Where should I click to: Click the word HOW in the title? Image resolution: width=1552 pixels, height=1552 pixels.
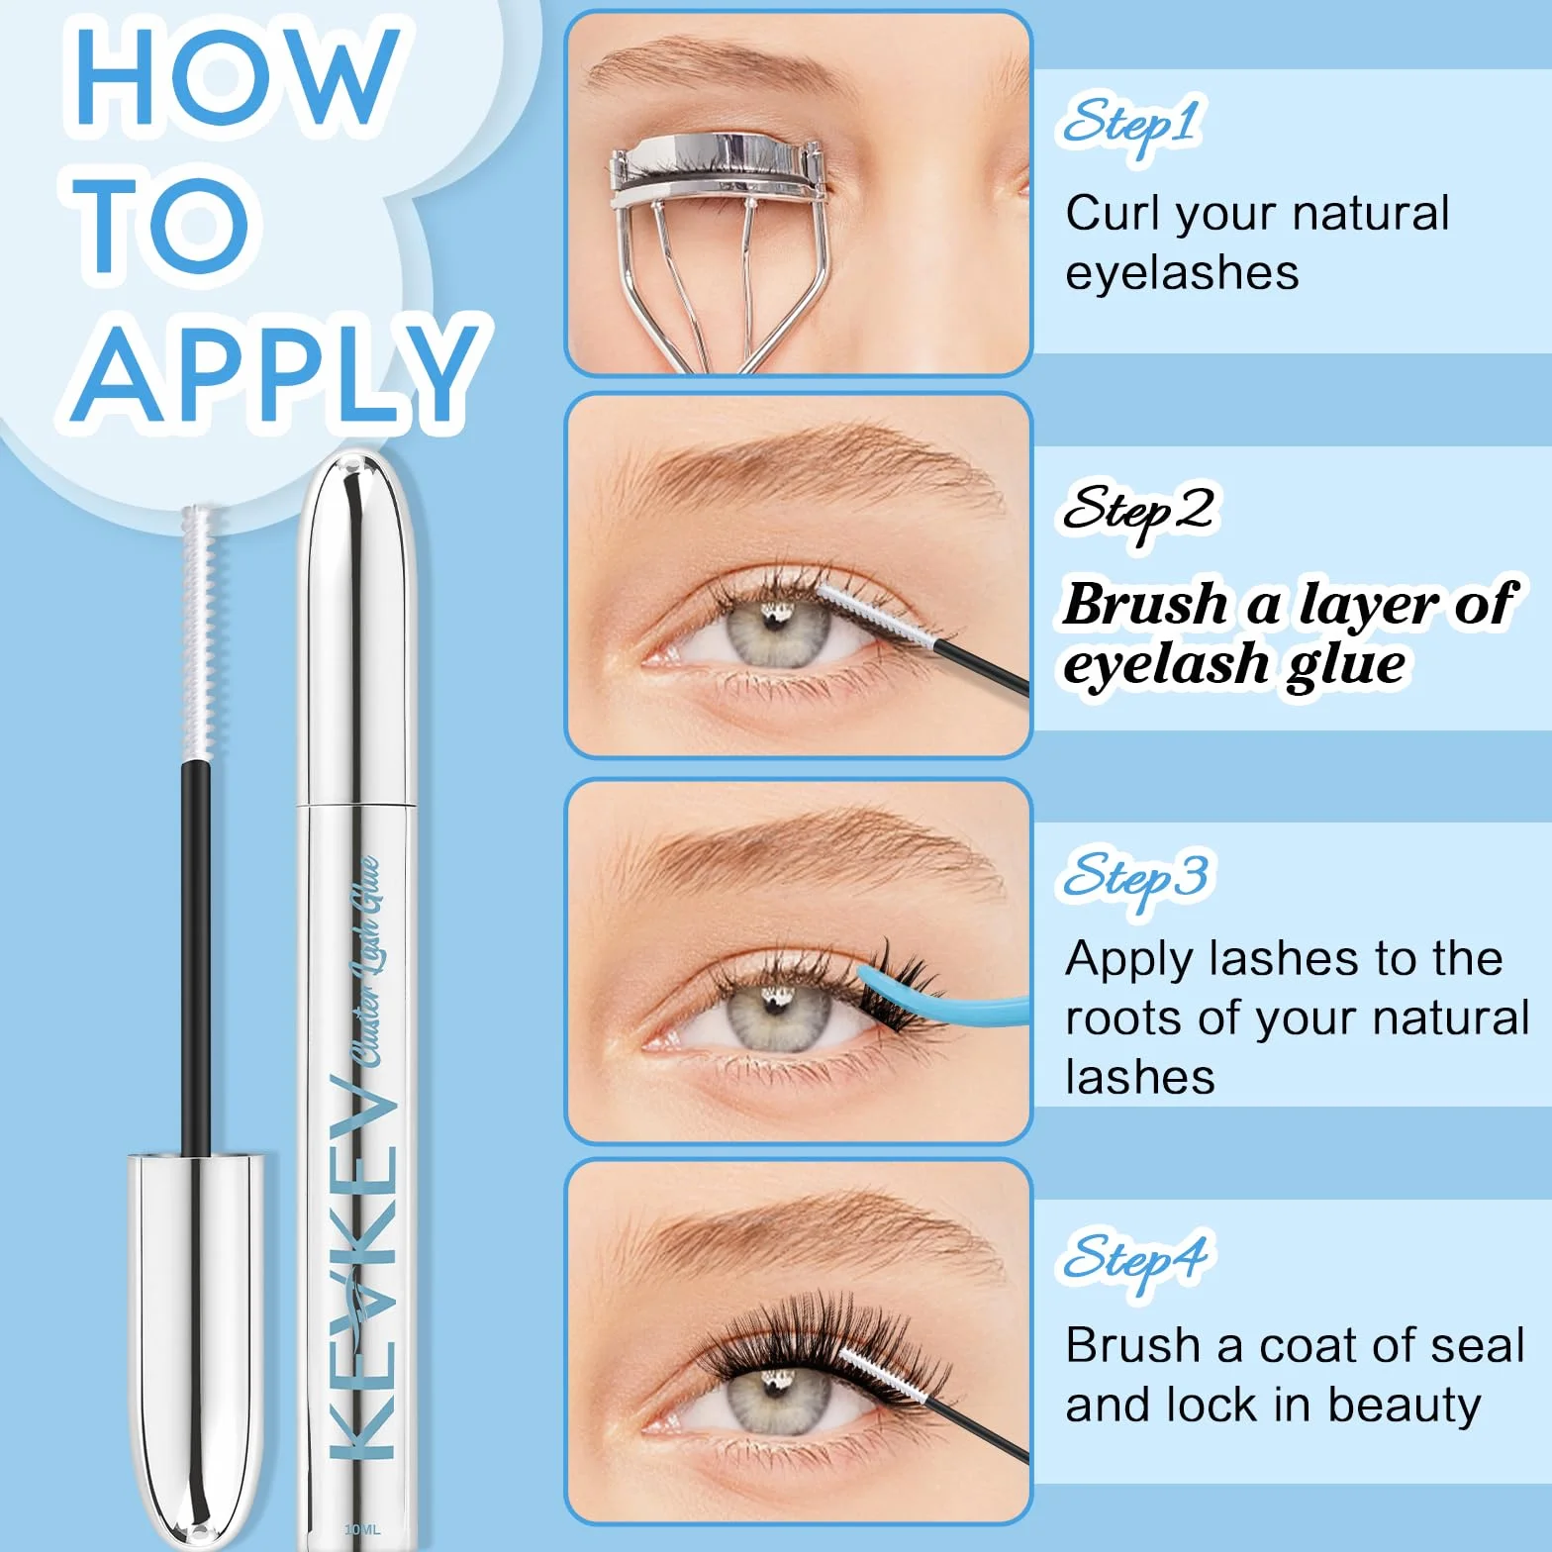[237, 76]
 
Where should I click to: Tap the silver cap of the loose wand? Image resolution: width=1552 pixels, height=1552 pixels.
[195, 1337]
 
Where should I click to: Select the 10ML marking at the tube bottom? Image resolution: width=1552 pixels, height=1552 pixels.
[362, 1529]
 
